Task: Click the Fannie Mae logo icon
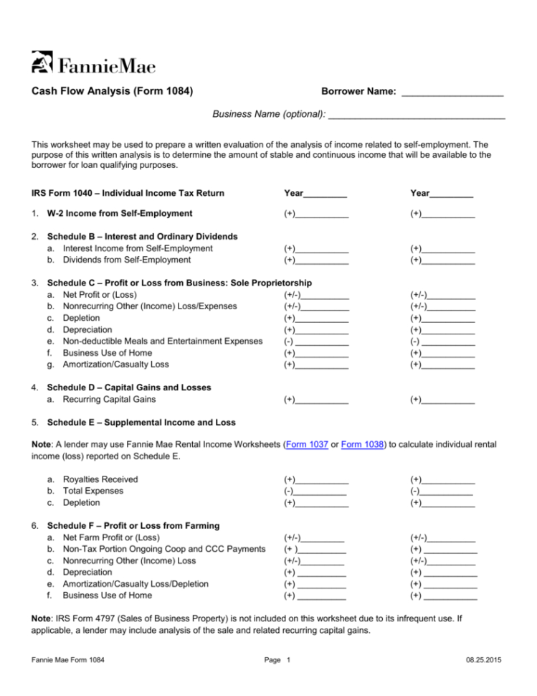pyautogui.click(x=42, y=62)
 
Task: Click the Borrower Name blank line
pyautogui.click(x=452, y=93)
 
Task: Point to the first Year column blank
pyautogui.click(x=325, y=194)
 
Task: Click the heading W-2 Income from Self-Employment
pyautogui.click(x=119, y=213)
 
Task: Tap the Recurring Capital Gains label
pyautogui.click(x=119, y=399)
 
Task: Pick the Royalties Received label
pyautogui.click(x=100, y=479)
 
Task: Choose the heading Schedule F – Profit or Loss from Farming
pyautogui.click(x=133, y=526)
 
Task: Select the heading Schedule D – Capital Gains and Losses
pyautogui.click(x=129, y=387)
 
